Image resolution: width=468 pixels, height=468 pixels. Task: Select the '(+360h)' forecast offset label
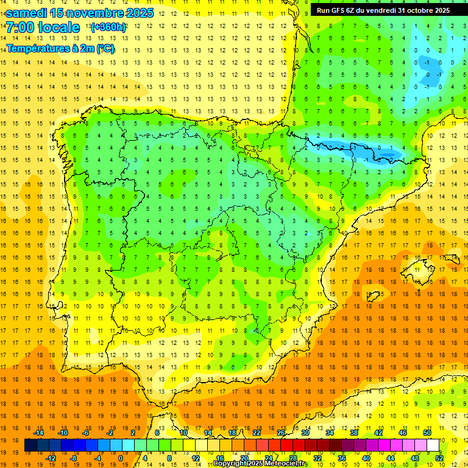point(108,27)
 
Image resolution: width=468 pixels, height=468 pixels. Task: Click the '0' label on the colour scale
point(121,458)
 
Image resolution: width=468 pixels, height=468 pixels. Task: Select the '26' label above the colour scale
point(281,433)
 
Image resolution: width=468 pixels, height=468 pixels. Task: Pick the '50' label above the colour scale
point(427,433)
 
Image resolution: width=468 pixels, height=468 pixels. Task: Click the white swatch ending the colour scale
point(433,445)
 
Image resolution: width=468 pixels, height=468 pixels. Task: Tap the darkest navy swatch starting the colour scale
point(30,445)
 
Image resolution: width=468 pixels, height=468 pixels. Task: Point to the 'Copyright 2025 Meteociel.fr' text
point(261,464)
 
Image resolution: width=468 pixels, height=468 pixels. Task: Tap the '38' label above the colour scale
point(354,433)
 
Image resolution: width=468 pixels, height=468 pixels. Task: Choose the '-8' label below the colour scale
point(74,458)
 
